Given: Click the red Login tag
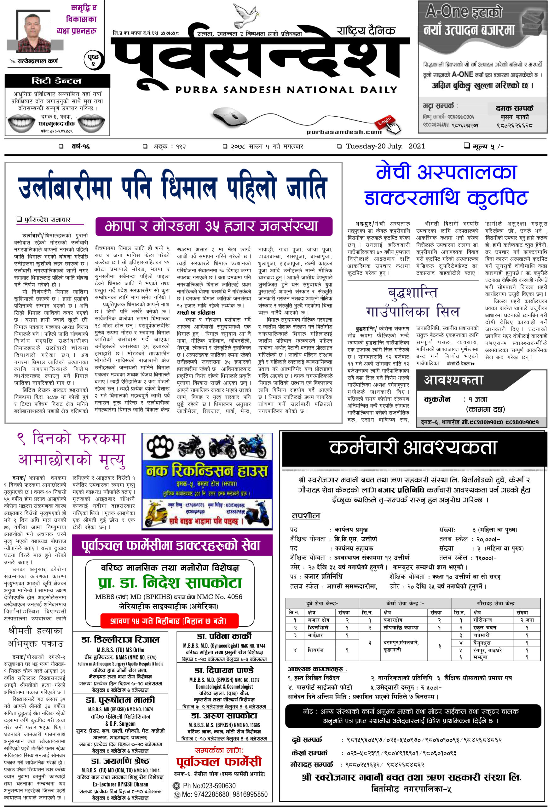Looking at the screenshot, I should click(384, 121).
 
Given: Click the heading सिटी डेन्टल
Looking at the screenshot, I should click(57, 81).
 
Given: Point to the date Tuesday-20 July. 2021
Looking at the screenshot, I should click(385, 146).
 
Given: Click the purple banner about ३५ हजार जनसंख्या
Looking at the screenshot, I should click(214, 226).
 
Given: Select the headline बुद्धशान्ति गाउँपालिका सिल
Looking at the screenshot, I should click(413, 302).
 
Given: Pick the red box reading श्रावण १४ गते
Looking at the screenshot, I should click(168, 621).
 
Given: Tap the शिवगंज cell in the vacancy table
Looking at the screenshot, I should click(315, 650).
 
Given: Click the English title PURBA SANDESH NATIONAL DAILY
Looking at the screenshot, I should click(286, 90).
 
